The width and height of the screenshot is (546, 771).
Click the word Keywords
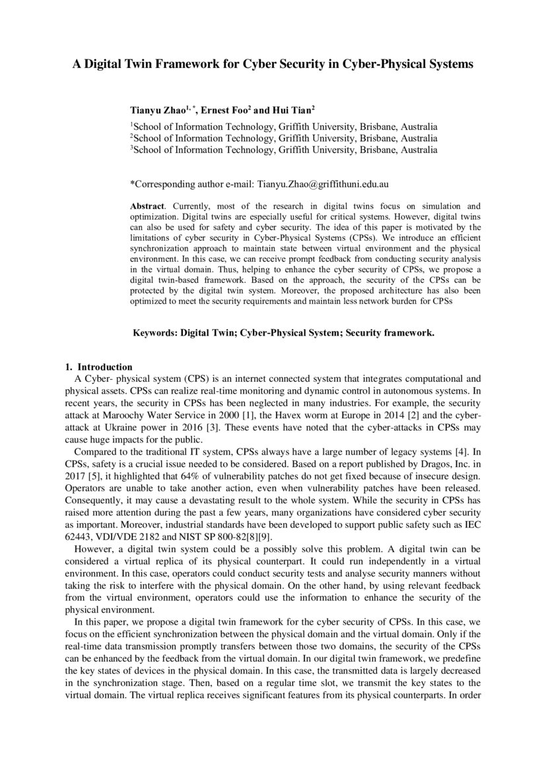[154, 333]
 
